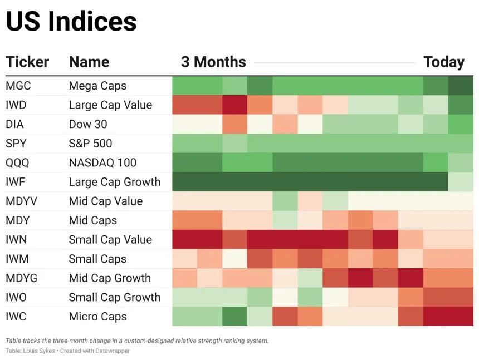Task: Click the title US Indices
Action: (71, 21)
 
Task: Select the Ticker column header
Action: (27, 62)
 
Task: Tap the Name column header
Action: (89, 62)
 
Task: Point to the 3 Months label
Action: (213, 62)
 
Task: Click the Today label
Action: (444, 62)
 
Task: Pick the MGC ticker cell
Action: (18, 86)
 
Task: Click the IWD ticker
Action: (16, 105)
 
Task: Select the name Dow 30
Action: (88, 124)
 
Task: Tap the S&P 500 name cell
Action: (90, 144)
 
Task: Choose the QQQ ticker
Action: (17, 162)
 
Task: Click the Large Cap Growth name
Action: (115, 182)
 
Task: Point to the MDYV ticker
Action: (21, 201)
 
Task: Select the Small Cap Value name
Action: (110, 239)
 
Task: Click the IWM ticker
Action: (17, 259)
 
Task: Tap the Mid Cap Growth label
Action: (110, 278)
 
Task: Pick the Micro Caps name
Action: (98, 317)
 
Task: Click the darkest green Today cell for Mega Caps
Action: (461, 86)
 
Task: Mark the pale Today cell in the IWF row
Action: (461, 182)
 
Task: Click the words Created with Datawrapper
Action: (95, 351)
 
